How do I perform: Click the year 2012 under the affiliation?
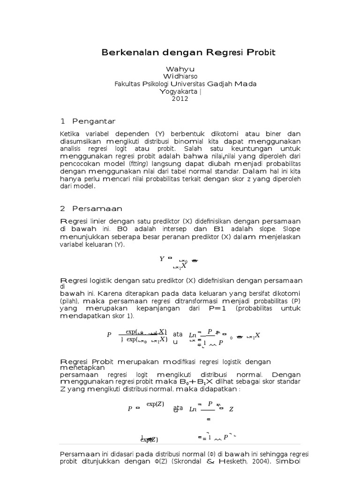pyautogui.click(x=180, y=99)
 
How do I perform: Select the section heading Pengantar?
pyautogui.click(x=93, y=121)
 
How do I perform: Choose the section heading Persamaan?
pyautogui.click(x=97, y=209)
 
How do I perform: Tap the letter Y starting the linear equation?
pyautogui.click(x=162, y=258)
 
